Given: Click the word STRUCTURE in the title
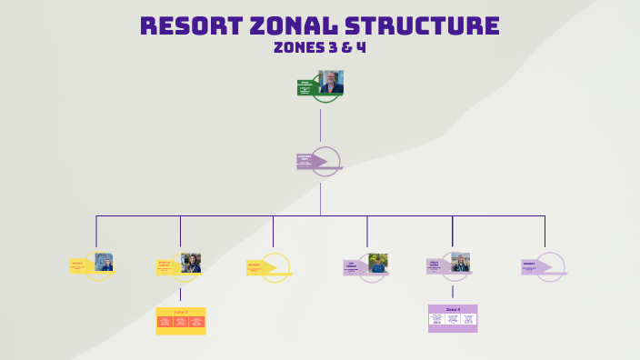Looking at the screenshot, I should coord(422,25).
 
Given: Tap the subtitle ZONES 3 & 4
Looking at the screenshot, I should coord(320,47).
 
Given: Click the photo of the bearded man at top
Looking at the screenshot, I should coord(331,83).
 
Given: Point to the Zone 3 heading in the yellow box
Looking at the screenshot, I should coord(180,312).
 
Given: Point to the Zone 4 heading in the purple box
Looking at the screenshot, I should coord(453,309).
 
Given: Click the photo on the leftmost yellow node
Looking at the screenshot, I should coord(104,262).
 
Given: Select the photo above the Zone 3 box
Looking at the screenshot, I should coord(190,263).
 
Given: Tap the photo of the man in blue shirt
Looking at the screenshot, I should coord(378,263).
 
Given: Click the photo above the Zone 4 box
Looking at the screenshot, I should coord(461,262).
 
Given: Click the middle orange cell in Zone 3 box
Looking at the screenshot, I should coord(180,323).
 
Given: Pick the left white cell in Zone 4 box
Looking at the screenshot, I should coord(437,319).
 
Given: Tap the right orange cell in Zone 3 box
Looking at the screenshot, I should coord(196,323).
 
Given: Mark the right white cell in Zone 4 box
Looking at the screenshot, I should coord(468,319).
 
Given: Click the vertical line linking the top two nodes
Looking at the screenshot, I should coord(320,124).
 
